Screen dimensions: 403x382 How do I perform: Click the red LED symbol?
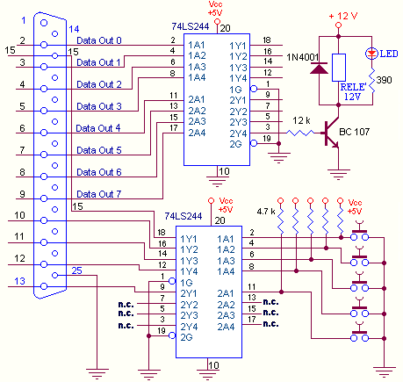[x=371, y=54]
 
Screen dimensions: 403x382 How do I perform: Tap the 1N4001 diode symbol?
[x=319, y=68]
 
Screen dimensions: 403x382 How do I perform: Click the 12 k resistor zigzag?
[x=300, y=133]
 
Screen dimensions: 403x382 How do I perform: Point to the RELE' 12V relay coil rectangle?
[x=339, y=68]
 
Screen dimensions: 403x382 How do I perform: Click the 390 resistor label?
[x=384, y=80]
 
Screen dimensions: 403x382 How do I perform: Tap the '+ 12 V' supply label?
[x=343, y=16]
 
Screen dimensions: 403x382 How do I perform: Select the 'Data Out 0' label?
[x=99, y=40]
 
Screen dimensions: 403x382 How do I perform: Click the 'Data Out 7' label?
[x=99, y=194]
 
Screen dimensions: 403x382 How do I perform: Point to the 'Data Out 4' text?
[x=98, y=128]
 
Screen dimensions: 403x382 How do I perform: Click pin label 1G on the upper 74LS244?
[x=235, y=90]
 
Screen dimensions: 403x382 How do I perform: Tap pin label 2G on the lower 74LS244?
[x=186, y=337]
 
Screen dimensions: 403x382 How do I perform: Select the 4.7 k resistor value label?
[x=266, y=212]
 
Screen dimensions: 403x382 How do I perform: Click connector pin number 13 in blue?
[x=20, y=281]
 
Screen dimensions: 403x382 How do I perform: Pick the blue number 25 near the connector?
[x=76, y=270]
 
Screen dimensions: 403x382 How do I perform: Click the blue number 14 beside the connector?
[x=74, y=29]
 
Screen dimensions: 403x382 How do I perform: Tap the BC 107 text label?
[x=355, y=132]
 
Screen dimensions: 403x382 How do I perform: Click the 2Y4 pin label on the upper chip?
[x=238, y=133]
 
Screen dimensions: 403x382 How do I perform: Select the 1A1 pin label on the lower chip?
[x=226, y=239]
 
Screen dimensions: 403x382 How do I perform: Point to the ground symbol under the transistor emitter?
[x=339, y=175]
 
